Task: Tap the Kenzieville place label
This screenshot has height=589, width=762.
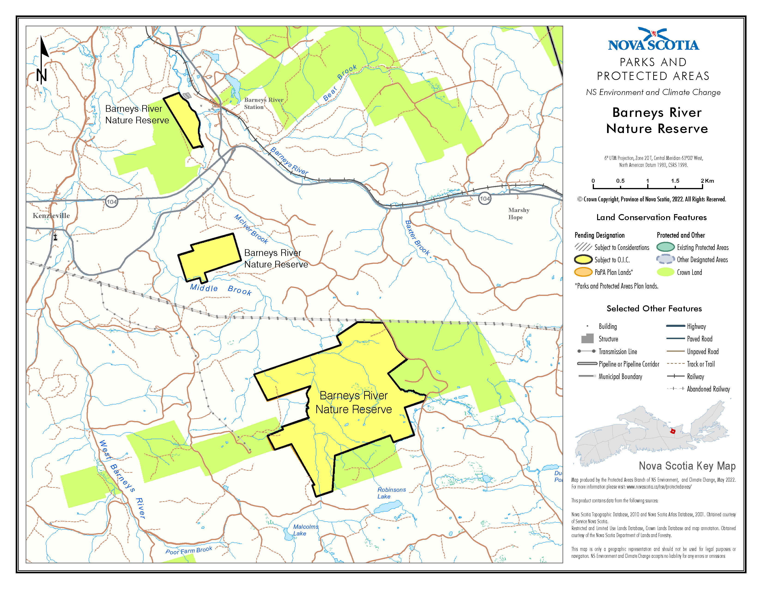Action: coord(51,216)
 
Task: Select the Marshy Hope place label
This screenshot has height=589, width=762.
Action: coord(518,214)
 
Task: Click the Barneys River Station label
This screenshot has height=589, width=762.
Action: coord(263,103)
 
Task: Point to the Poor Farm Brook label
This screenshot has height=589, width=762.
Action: coord(189,550)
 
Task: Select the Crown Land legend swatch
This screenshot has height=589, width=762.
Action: coord(665,272)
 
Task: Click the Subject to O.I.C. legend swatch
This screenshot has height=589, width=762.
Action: coord(583,260)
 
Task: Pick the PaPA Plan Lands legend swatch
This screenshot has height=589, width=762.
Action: coord(583,272)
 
